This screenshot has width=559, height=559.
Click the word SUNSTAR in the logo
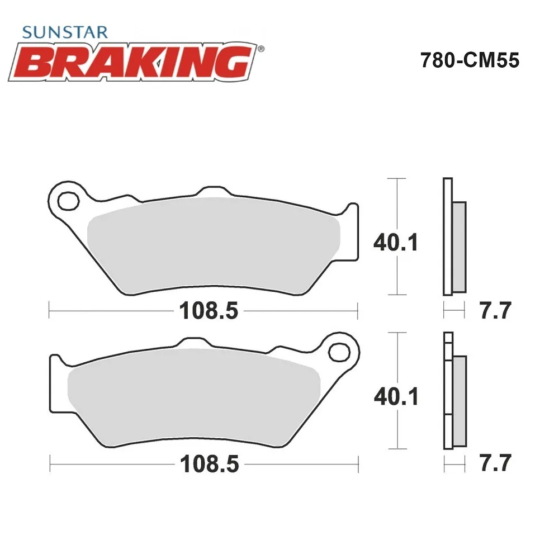point(65,32)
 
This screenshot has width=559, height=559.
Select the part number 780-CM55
point(470,60)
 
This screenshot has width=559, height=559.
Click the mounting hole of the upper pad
point(68,201)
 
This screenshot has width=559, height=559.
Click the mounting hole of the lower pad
point(339,352)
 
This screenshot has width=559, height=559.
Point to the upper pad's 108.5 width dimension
point(209,310)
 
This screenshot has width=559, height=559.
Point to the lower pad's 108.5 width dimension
point(209,464)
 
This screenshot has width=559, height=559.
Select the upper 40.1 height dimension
point(396,243)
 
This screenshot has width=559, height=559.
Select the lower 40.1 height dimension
point(396,396)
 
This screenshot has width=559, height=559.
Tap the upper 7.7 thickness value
point(495,310)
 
